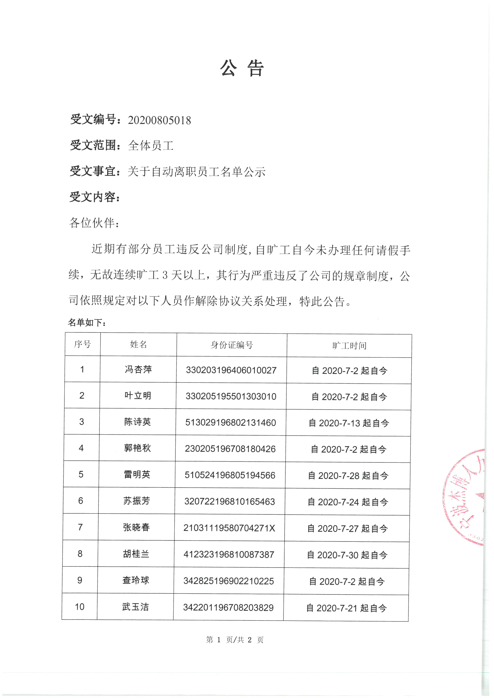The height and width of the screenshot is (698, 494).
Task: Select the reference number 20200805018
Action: (159, 120)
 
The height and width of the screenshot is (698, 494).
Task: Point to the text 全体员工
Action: (151, 146)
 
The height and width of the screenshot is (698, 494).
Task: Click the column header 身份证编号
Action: (231, 345)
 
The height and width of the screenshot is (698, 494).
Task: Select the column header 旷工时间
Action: (349, 346)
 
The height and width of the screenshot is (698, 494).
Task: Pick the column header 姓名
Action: (138, 345)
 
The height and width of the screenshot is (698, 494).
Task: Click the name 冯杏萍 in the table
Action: (138, 369)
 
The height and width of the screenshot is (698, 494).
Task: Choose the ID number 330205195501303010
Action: (231, 396)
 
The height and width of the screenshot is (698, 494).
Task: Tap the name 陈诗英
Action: (137, 422)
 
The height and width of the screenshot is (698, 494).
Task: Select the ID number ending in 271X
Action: (229, 528)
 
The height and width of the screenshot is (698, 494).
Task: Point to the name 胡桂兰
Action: (136, 554)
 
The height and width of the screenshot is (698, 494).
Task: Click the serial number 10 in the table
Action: (80, 607)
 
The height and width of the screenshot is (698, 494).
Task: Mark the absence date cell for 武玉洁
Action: (346, 608)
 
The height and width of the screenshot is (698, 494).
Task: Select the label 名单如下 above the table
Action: (86, 323)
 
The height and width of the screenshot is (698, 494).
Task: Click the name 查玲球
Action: (136, 580)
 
